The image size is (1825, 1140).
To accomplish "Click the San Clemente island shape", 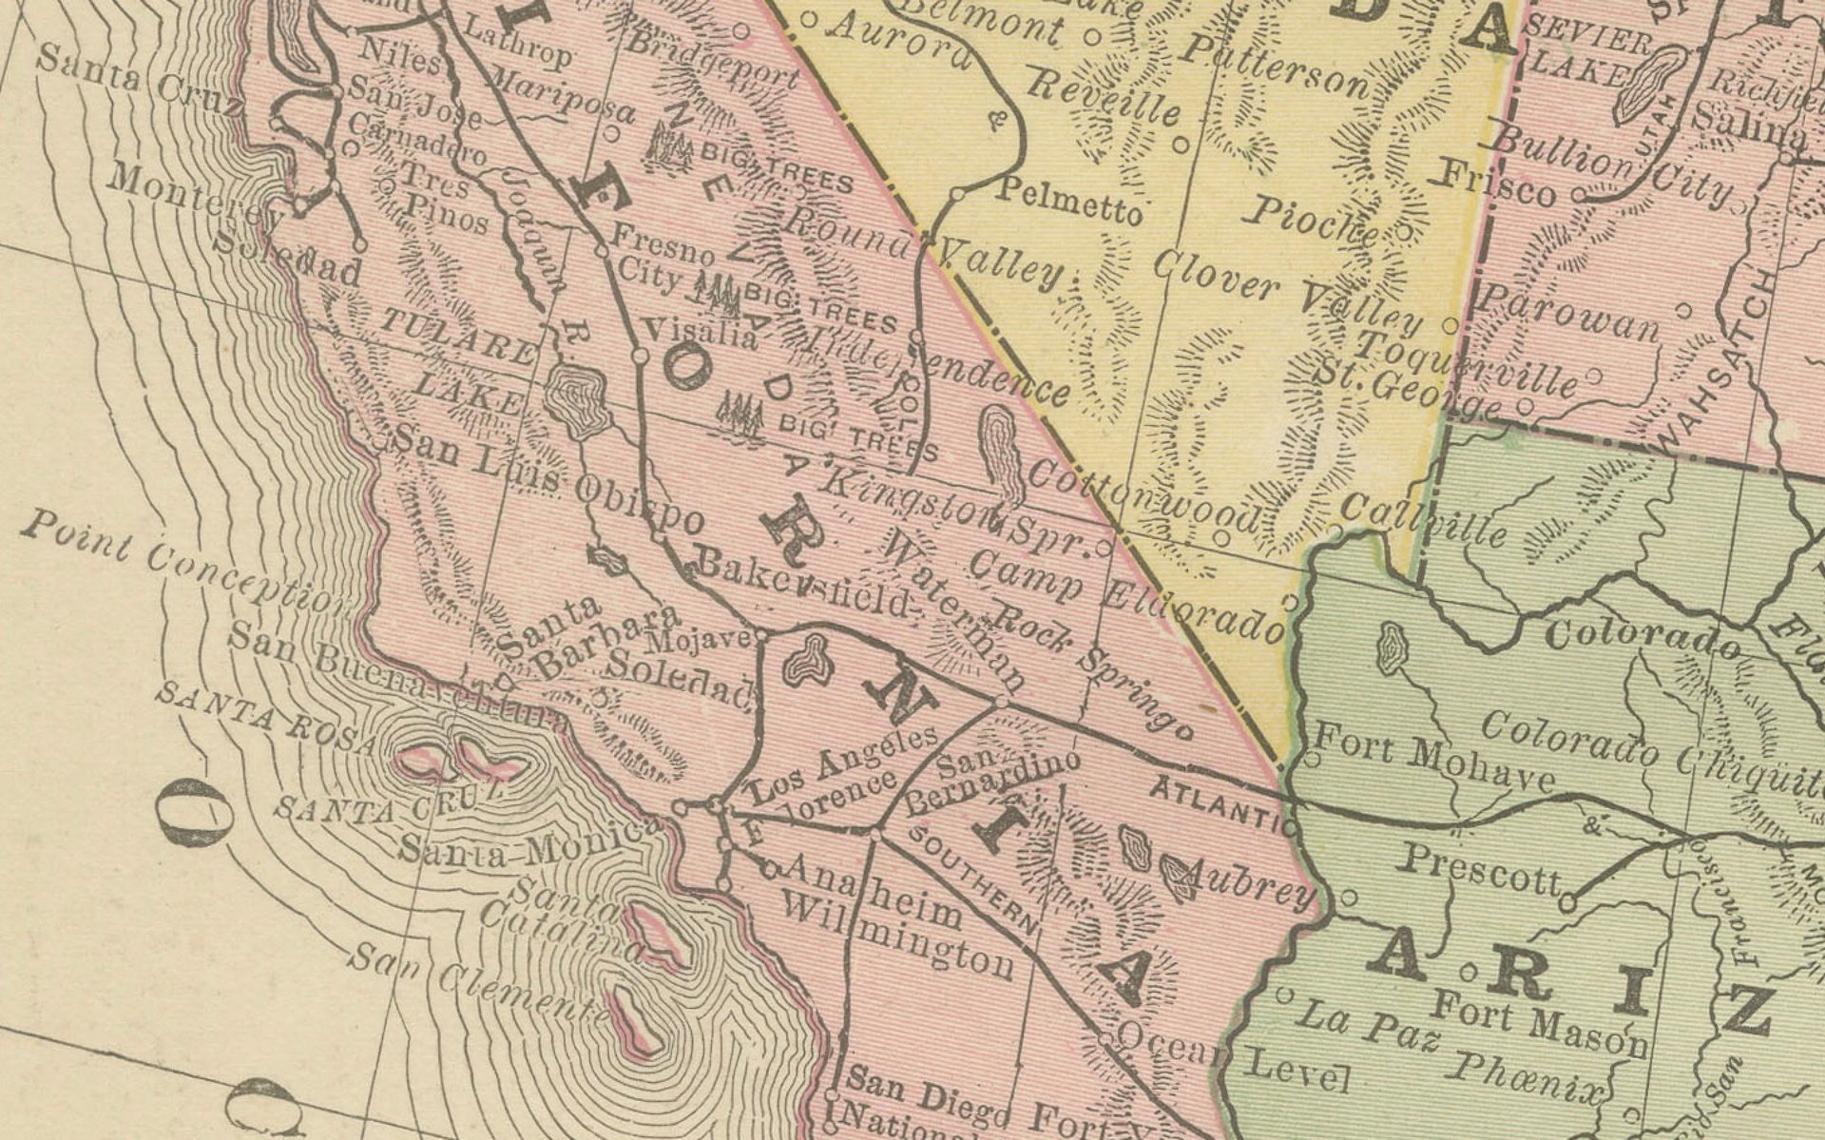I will coord(637,1022).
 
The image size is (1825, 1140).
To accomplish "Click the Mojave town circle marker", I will coord(761,635).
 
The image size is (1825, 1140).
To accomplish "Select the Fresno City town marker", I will coord(601,252).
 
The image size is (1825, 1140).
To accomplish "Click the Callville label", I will coord(1426,519).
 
